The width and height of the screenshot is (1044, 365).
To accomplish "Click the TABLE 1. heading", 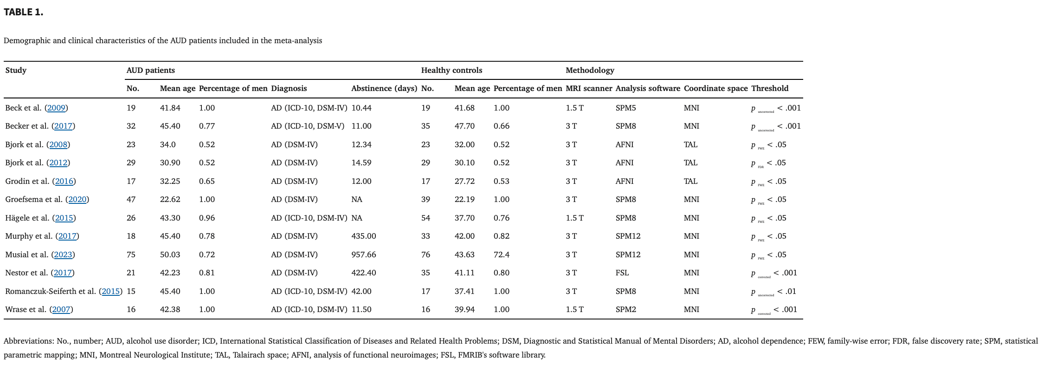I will click(24, 13).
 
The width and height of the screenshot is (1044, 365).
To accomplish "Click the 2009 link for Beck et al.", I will click(56, 108).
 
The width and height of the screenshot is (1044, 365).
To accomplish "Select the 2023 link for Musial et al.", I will click(63, 255).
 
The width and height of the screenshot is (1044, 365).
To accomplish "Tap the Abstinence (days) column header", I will click(384, 89).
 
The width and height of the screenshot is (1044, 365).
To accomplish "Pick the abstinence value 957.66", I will click(363, 255).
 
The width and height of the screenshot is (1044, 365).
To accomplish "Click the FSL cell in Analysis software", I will click(622, 273).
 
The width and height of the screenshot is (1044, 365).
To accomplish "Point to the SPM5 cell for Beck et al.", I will click(625, 108).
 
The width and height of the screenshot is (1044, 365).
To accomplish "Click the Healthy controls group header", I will click(451, 71).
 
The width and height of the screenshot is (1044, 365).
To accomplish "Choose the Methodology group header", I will click(589, 71).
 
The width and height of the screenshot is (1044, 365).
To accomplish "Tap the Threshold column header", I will click(769, 89).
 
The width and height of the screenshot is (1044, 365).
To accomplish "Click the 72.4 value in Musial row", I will click(502, 255).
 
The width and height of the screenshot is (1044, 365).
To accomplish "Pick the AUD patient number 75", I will click(131, 255).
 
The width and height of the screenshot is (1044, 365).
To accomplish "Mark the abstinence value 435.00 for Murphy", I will click(363, 236).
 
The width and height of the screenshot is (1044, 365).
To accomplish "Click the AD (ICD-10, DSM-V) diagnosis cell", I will click(307, 126).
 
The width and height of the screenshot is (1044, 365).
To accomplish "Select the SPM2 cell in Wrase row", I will click(625, 310).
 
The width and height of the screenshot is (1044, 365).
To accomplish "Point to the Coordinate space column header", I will click(715, 89).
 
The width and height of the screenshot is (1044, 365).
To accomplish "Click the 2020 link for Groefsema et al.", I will click(77, 200).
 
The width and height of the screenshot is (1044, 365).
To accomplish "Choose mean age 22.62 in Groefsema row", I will click(170, 200).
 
